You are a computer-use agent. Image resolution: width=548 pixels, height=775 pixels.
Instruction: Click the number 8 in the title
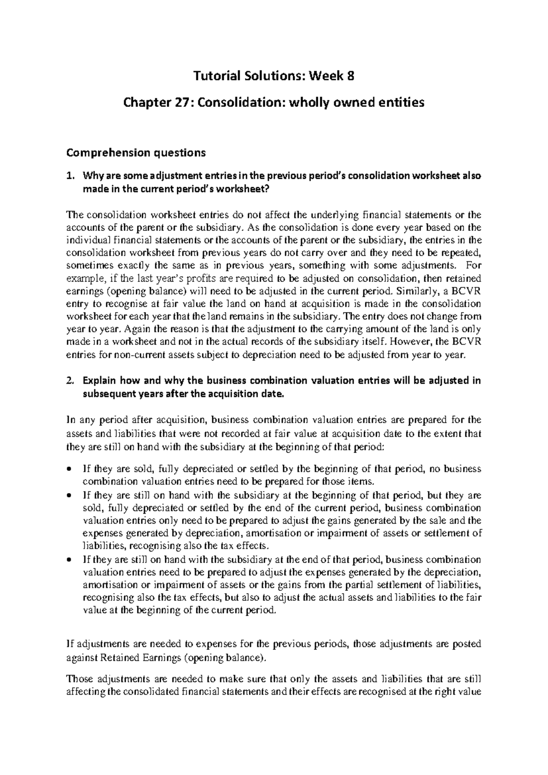point(350,77)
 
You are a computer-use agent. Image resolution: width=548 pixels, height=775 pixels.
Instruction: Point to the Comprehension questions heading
point(136,153)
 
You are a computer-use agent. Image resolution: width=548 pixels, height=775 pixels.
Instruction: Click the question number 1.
point(69,177)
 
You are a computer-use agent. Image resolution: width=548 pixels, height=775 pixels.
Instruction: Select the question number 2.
point(69,381)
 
